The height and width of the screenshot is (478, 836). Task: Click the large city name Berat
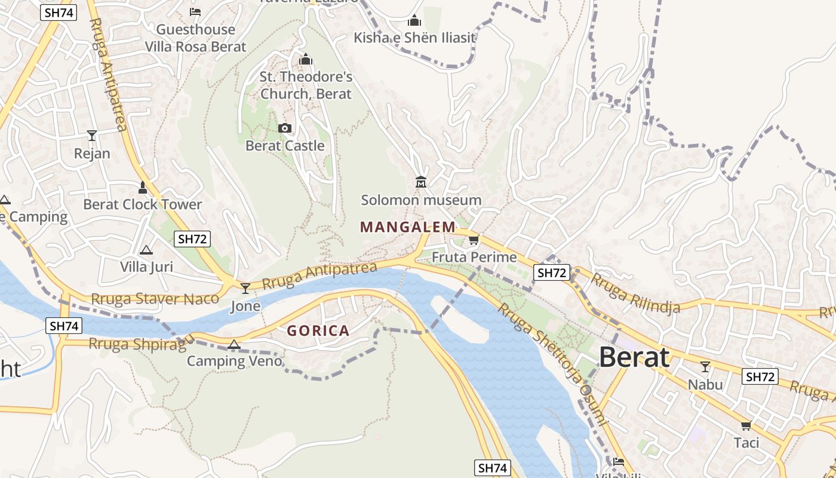[x=634, y=357]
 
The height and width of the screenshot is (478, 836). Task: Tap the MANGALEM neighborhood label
[x=408, y=227]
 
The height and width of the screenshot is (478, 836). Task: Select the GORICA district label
[x=318, y=330]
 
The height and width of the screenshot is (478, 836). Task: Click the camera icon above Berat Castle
[x=285, y=128]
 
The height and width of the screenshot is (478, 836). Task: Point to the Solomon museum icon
[x=421, y=182]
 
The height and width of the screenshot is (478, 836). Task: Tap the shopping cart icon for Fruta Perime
[x=474, y=240]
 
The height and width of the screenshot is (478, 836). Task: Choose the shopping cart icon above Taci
[x=746, y=426]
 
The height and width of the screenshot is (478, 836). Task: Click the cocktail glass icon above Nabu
[x=705, y=367]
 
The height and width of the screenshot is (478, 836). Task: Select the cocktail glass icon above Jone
[x=245, y=289]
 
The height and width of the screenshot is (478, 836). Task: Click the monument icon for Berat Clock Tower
[x=142, y=188]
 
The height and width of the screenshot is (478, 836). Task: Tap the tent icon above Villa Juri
[x=146, y=250]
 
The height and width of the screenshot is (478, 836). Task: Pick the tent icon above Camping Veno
[x=233, y=344]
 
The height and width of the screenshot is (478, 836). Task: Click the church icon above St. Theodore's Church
[x=306, y=59]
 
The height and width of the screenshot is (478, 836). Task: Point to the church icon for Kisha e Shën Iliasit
[x=414, y=21]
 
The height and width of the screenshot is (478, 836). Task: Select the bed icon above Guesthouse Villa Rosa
[x=195, y=12]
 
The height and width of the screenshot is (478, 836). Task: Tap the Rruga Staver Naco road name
[x=155, y=298]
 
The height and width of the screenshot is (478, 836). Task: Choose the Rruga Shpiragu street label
[x=142, y=343]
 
